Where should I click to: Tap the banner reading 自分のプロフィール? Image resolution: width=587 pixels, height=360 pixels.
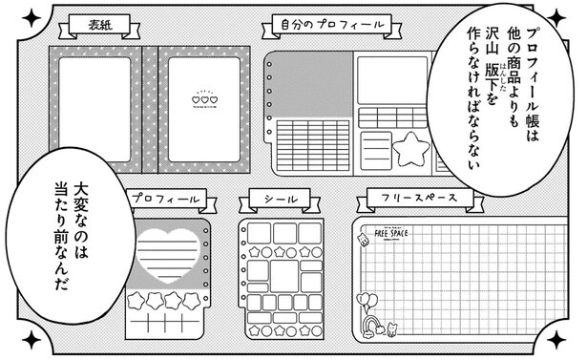click(328, 24)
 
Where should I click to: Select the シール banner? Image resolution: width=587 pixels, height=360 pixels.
click(275, 200)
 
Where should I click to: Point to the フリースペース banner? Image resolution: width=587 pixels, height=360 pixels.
click(419, 201)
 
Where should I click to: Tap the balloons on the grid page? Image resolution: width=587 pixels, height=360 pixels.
click(367, 303)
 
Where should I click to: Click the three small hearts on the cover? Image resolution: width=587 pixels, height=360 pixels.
click(204, 98)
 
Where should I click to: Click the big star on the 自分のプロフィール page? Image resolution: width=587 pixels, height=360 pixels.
click(412, 149)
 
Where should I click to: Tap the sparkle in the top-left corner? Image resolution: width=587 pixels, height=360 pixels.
click(31, 16)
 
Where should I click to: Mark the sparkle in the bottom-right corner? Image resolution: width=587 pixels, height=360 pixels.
click(557, 340)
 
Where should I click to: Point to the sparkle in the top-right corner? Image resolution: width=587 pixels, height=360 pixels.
click(557, 15)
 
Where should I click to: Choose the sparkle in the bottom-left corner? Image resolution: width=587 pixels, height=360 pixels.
click(31, 340)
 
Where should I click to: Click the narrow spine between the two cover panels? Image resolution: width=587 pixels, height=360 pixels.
click(149, 107)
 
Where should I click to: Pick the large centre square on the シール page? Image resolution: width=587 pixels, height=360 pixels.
click(284, 276)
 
